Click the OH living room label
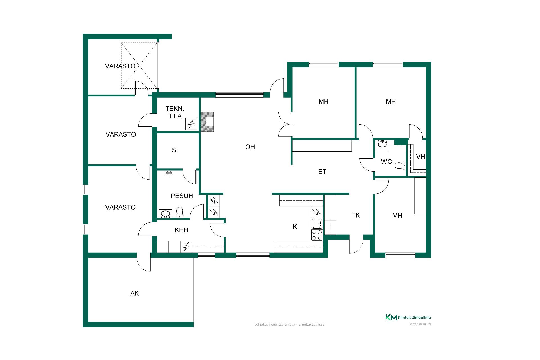tap(250, 147)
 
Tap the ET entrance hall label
tap(322, 172)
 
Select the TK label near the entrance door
tap(356, 215)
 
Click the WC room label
tap(386, 162)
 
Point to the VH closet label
tap(420, 157)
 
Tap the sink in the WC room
tap(382, 144)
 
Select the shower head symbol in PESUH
tap(169, 173)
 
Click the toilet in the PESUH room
tap(179, 212)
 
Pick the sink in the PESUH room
tap(166, 214)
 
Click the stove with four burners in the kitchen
tap(317, 235)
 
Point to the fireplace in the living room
tap(207, 122)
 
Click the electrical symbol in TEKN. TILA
tap(191, 124)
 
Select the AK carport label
tap(134, 293)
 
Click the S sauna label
tap(174, 150)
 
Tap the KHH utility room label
tap(181, 230)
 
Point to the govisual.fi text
tap(420, 324)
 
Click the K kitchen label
tap(295, 227)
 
